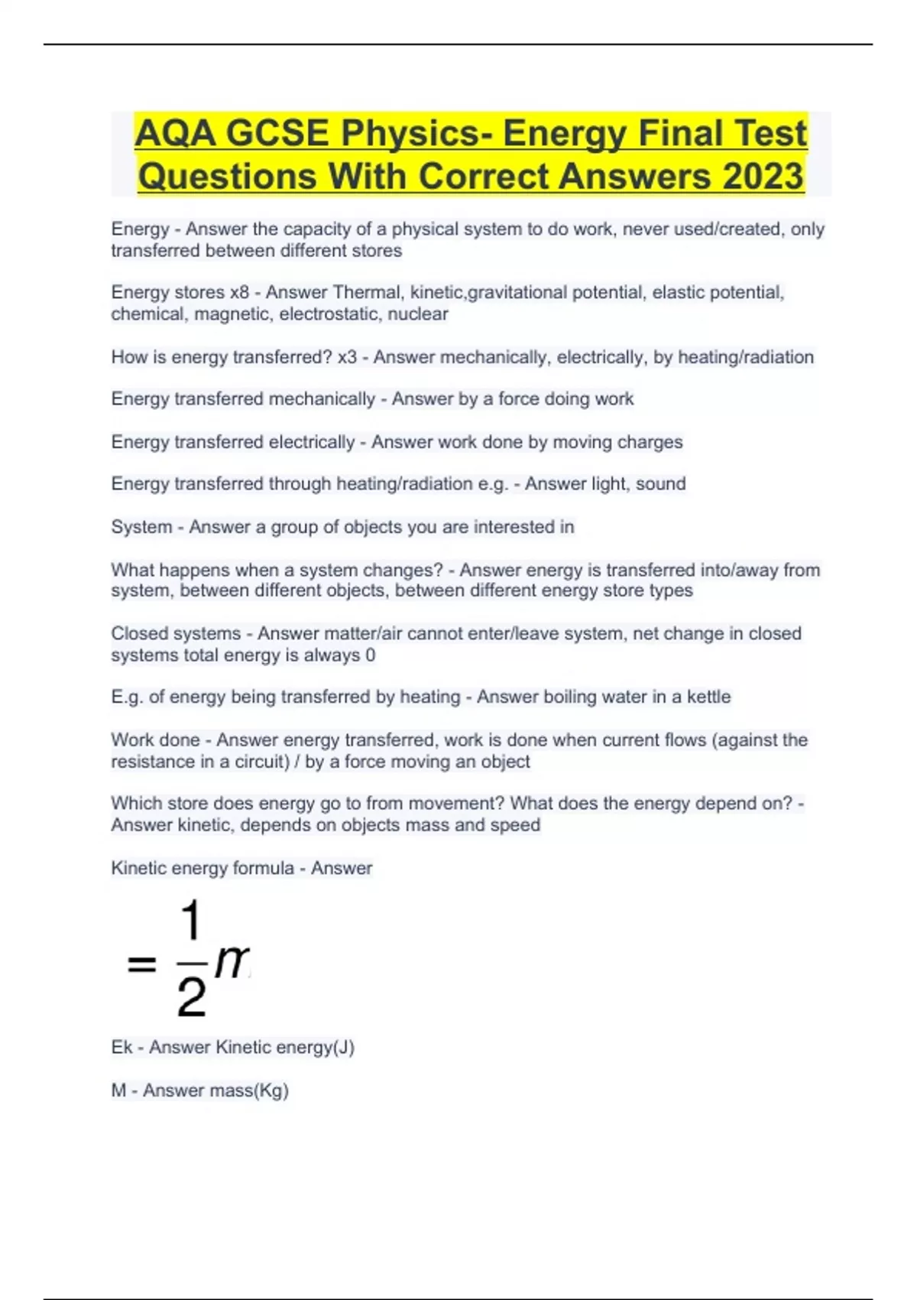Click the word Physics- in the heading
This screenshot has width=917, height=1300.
tap(416, 133)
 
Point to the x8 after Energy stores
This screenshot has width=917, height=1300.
tap(239, 292)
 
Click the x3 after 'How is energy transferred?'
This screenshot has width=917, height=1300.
tap(347, 357)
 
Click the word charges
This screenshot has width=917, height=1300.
tap(650, 442)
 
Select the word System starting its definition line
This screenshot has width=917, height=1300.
tap(141, 527)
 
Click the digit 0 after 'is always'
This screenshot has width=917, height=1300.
tap(370, 655)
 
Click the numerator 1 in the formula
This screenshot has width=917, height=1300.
tap(190, 921)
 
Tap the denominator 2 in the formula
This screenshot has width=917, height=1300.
tap(191, 997)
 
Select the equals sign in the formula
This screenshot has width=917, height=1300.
tap(141, 964)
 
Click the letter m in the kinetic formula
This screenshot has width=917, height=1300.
tap(232, 962)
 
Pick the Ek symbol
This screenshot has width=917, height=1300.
tap(122, 1047)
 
